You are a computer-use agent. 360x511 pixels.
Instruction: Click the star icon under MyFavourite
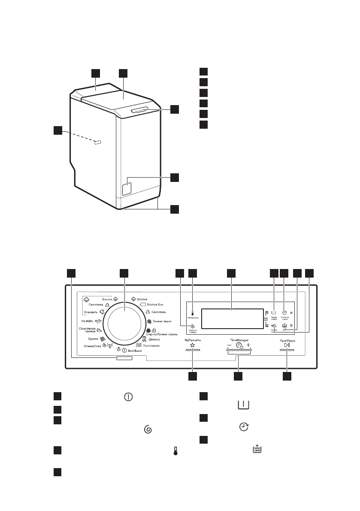tap(193, 345)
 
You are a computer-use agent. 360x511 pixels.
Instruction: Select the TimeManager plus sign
tap(248, 345)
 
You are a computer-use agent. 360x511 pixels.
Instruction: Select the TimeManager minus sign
tap(229, 345)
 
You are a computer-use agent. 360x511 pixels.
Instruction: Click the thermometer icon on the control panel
tap(193, 313)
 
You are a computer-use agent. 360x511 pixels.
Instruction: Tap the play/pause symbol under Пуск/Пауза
tap(287, 345)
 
